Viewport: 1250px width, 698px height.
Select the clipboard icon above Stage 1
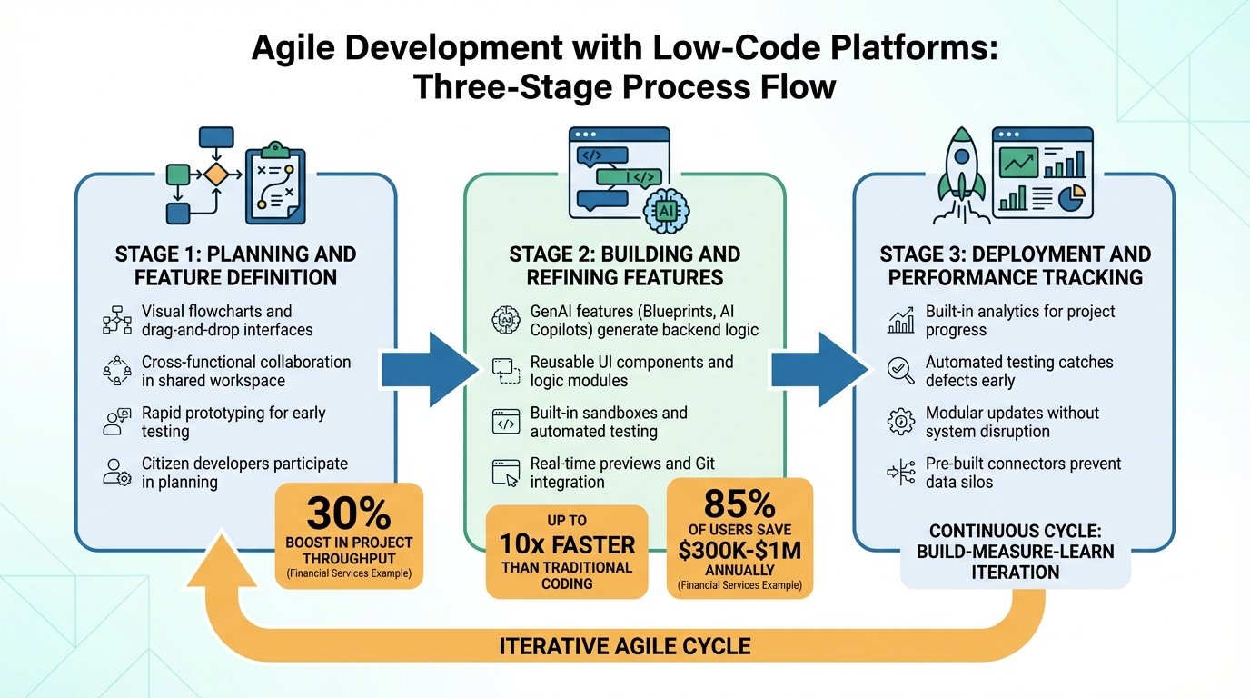[275, 183]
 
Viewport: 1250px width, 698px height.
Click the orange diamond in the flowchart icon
[215, 174]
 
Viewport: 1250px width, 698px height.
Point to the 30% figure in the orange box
[349, 514]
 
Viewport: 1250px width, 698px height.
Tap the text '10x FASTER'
[567, 545]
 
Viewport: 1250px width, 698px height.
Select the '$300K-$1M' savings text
[739, 551]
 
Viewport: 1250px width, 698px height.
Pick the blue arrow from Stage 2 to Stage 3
[818, 369]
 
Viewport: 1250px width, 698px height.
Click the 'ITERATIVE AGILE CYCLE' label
[625, 646]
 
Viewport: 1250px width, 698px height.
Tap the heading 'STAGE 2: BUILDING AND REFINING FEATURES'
[625, 265]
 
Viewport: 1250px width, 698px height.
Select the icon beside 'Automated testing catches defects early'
[900, 371]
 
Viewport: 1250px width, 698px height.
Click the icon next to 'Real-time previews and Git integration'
[505, 473]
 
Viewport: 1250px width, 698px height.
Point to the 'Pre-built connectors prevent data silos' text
[1023, 473]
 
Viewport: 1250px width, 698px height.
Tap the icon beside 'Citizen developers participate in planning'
[118, 473]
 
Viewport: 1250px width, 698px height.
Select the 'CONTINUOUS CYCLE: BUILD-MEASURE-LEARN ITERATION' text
[1015, 552]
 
